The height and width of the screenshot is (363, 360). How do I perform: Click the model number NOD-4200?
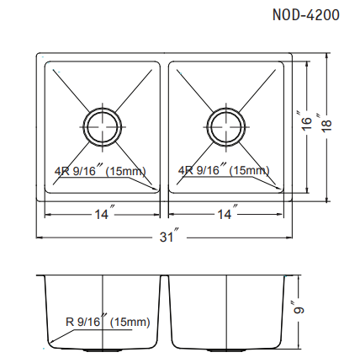(x=306, y=15)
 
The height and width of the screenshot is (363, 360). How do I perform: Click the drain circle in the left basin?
(x=101, y=125)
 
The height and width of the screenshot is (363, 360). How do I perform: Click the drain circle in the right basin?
(x=225, y=125)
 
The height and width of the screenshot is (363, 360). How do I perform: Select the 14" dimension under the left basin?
(x=102, y=216)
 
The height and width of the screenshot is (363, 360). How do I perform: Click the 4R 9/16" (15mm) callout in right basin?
(x=224, y=171)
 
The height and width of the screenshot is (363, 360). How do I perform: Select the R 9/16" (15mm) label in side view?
(x=107, y=322)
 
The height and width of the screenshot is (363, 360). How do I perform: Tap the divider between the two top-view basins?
(x=165, y=126)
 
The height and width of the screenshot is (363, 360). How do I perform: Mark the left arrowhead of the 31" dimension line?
(x=39, y=237)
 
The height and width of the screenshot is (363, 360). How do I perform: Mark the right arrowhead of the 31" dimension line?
(x=291, y=237)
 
